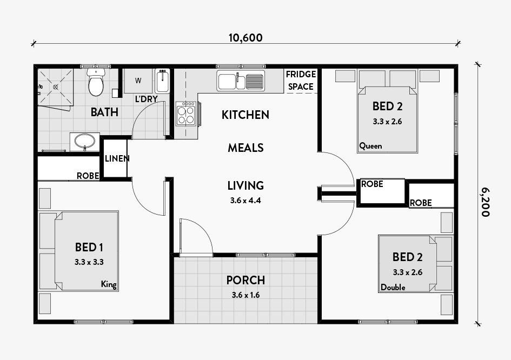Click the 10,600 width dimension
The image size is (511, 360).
coord(245,38)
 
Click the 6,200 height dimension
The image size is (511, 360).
coord(485,202)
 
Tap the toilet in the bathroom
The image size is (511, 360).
coord(96,82)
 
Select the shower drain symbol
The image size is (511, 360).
coord(55,87)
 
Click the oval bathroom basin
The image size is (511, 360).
coord(85,142)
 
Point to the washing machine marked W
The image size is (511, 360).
coord(138,81)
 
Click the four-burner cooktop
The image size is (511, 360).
coord(186,114)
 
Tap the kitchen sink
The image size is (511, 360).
coord(241,81)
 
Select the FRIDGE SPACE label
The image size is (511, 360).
coord(301,81)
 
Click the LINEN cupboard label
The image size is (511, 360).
coord(117,159)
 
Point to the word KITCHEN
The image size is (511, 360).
coord(245,115)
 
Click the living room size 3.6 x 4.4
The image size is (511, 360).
coord(245,201)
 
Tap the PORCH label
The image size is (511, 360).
coord(245,280)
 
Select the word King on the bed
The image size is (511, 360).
coord(109,284)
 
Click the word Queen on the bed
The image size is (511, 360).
coord(370,146)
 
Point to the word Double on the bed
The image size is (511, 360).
coord(393,288)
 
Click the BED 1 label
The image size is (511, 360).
coord(89,248)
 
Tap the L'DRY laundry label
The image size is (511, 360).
coord(147,99)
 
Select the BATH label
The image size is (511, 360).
coord(104,112)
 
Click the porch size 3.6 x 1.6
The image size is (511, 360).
coord(245,295)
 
